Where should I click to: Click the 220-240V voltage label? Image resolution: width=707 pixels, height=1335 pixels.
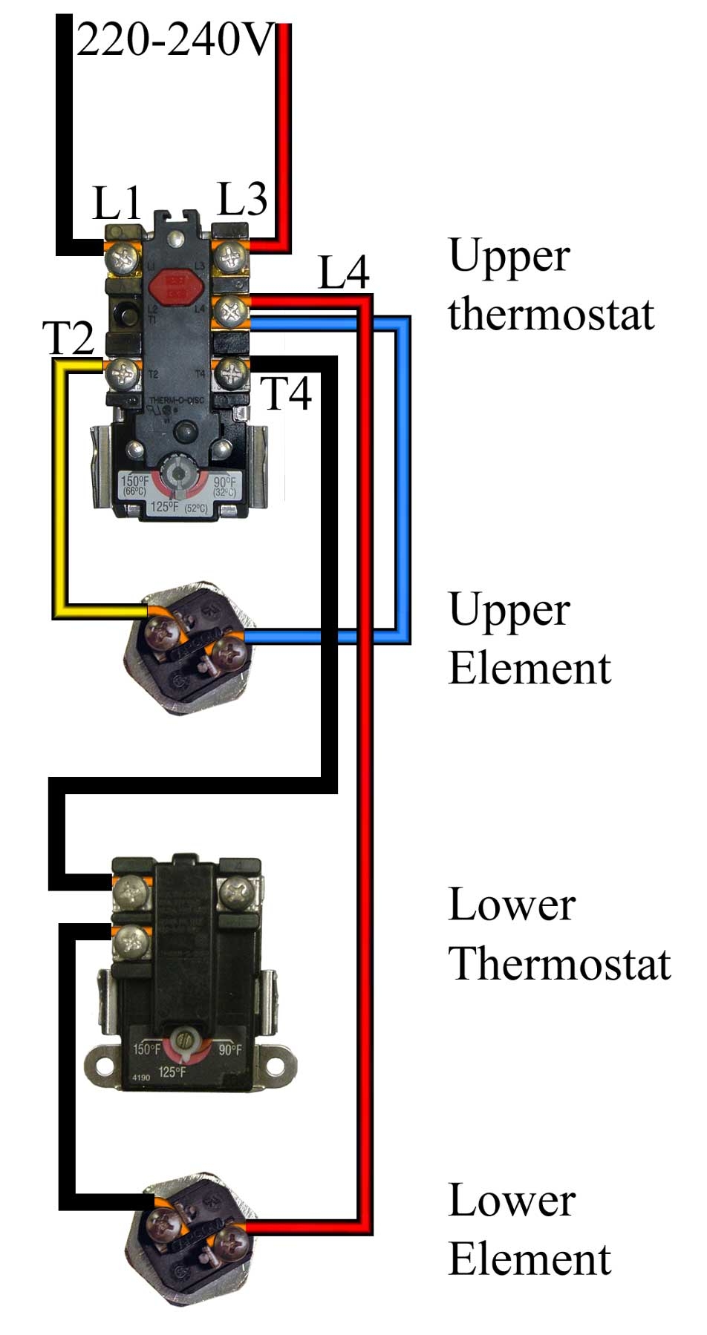tap(175, 41)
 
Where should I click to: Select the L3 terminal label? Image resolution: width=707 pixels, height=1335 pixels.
tap(242, 199)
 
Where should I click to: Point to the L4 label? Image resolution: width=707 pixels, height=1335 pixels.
tap(343, 272)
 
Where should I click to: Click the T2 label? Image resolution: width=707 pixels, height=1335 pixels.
tap(70, 338)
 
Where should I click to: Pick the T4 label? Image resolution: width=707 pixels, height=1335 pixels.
tap(287, 393)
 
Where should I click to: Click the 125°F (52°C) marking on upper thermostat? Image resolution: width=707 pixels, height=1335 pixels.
tap(178, 508)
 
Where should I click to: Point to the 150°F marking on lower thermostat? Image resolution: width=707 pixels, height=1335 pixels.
tap(146, 1050)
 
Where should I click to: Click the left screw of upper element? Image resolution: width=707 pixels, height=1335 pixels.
tap(161, 632)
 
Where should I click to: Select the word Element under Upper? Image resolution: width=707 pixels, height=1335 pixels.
tap(529, 668)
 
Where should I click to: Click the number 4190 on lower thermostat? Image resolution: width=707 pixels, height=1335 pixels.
tap(140, 1077)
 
